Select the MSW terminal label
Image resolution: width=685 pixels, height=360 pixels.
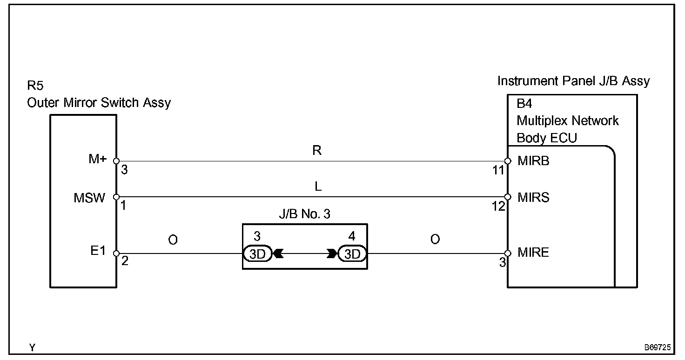tap(89, 197)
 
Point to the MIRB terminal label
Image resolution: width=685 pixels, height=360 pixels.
tap(533, 161)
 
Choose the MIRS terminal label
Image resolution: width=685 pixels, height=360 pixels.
tap(533, 197)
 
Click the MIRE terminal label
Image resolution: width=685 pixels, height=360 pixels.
tap(533, 252)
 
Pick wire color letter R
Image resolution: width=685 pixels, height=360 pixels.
tap(317, 151)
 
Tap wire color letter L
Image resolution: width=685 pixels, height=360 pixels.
tap(317, 187)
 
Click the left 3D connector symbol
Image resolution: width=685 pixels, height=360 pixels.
tap(257, 254)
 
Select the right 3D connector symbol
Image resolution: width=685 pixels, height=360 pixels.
tap(352, 254)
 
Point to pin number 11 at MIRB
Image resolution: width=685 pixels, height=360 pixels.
tap(499, 170)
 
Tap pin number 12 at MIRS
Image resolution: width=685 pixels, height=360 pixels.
tap(499, 206)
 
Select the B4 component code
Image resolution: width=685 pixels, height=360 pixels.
tap(524, 103)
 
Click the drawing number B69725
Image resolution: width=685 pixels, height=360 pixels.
tap(657, 347)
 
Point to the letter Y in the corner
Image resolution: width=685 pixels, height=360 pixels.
tap(32, 347)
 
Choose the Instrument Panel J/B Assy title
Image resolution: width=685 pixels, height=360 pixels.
tap(573, 81)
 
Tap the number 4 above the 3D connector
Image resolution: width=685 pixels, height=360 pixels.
tap(352, 236)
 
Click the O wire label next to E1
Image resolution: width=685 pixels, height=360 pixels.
tap(173, 240)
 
